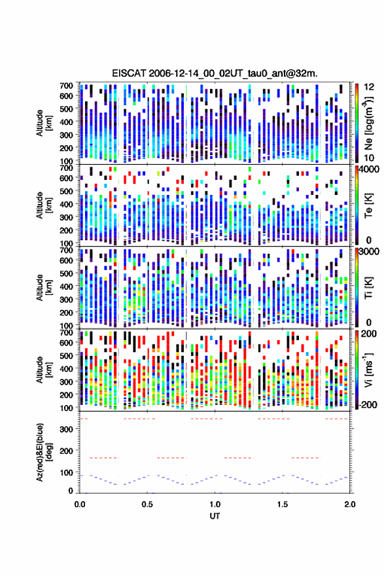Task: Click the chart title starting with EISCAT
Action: pos(215,73)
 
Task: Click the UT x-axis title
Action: pos(215,516)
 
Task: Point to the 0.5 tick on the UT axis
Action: pos(147,504)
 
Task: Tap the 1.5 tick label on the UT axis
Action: pos(283,504)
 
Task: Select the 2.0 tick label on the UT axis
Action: pos(350,504)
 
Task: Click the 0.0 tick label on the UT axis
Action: pos(80,504)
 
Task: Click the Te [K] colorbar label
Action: pos(368,205)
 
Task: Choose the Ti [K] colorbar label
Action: pos(368,288)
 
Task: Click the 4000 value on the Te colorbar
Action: pos(370,170)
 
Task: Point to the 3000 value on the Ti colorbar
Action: pos(370,253)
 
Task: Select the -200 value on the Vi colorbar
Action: pos(368,405)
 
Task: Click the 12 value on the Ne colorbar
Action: pos(370,87)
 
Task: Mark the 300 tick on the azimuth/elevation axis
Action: pos(66,429)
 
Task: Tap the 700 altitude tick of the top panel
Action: pos(66,86)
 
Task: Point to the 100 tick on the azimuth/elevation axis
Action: pos(66,473)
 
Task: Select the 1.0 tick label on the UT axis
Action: pos(215,504)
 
